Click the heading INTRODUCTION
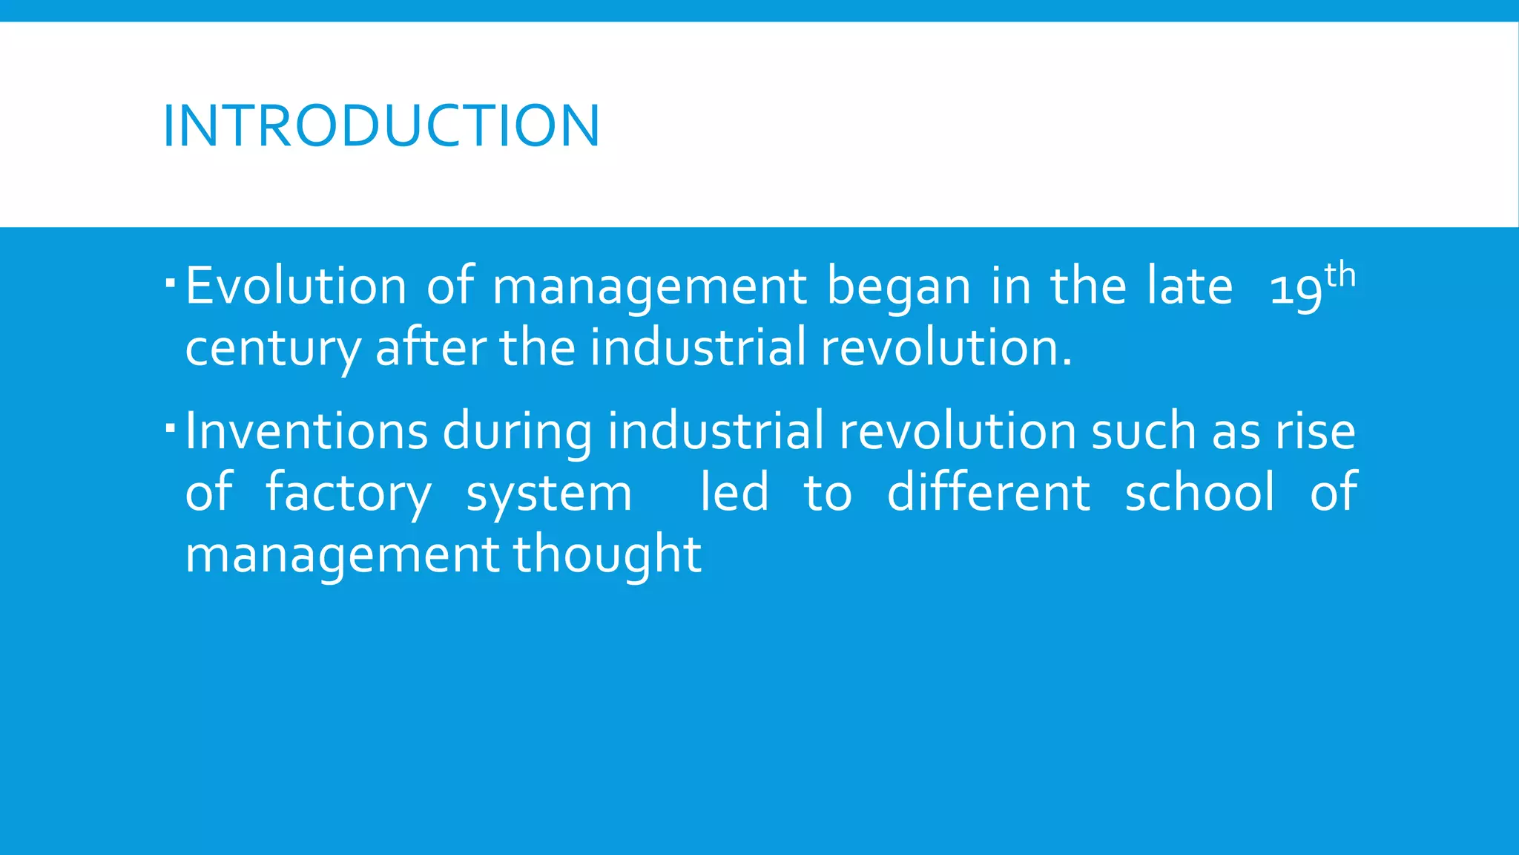tap(380, 125)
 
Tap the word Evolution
tap(295, 286)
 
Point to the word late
tap(1190, 286)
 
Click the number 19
tap(1296, 289)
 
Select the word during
tap(517, 433)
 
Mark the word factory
tap(348, 494)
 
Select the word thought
tap(607, 555)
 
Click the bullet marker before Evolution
tap(171, 283)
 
